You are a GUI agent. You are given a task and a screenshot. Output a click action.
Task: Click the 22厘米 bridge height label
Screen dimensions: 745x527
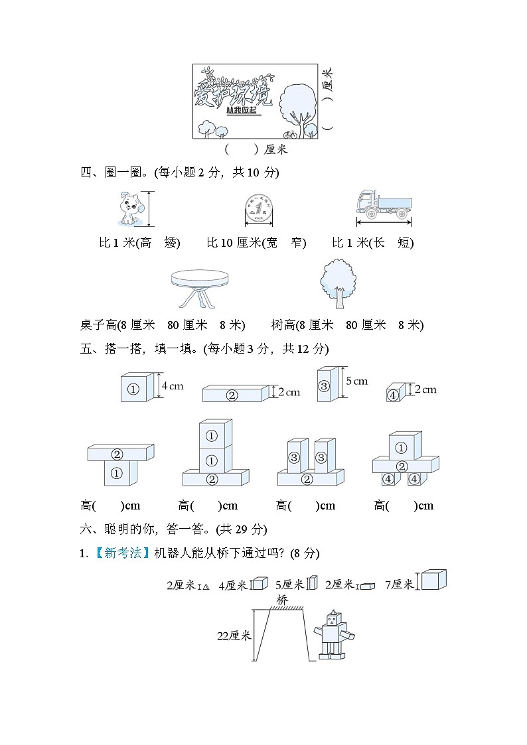234,636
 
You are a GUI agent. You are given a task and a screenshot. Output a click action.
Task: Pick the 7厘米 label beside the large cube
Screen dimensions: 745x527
398,584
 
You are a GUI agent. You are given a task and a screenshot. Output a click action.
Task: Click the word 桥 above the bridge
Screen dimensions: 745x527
283,600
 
